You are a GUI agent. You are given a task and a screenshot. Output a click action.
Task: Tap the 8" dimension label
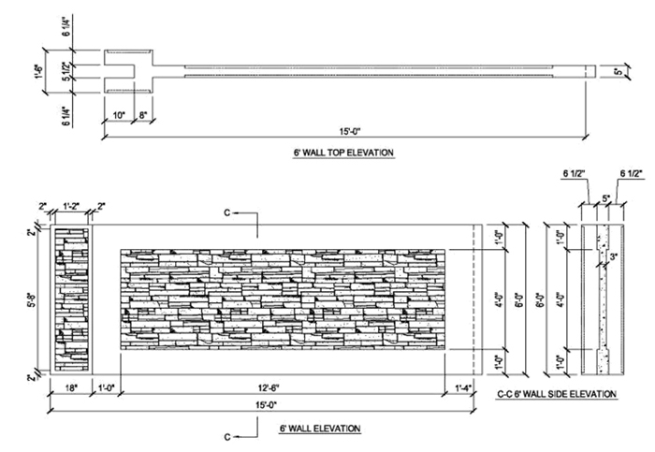[141, 115]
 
